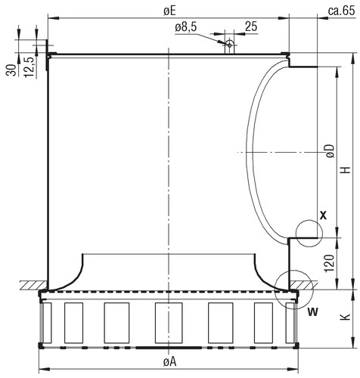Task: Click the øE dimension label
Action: point(169,11)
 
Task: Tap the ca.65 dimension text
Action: point(341,11)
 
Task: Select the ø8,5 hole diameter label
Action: point(185,27)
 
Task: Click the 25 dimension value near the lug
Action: point(251,26)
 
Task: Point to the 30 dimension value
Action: point(11,70)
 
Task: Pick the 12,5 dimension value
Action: point(29,67)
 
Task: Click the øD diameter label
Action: point(330,151)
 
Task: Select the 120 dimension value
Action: point(330,264)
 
